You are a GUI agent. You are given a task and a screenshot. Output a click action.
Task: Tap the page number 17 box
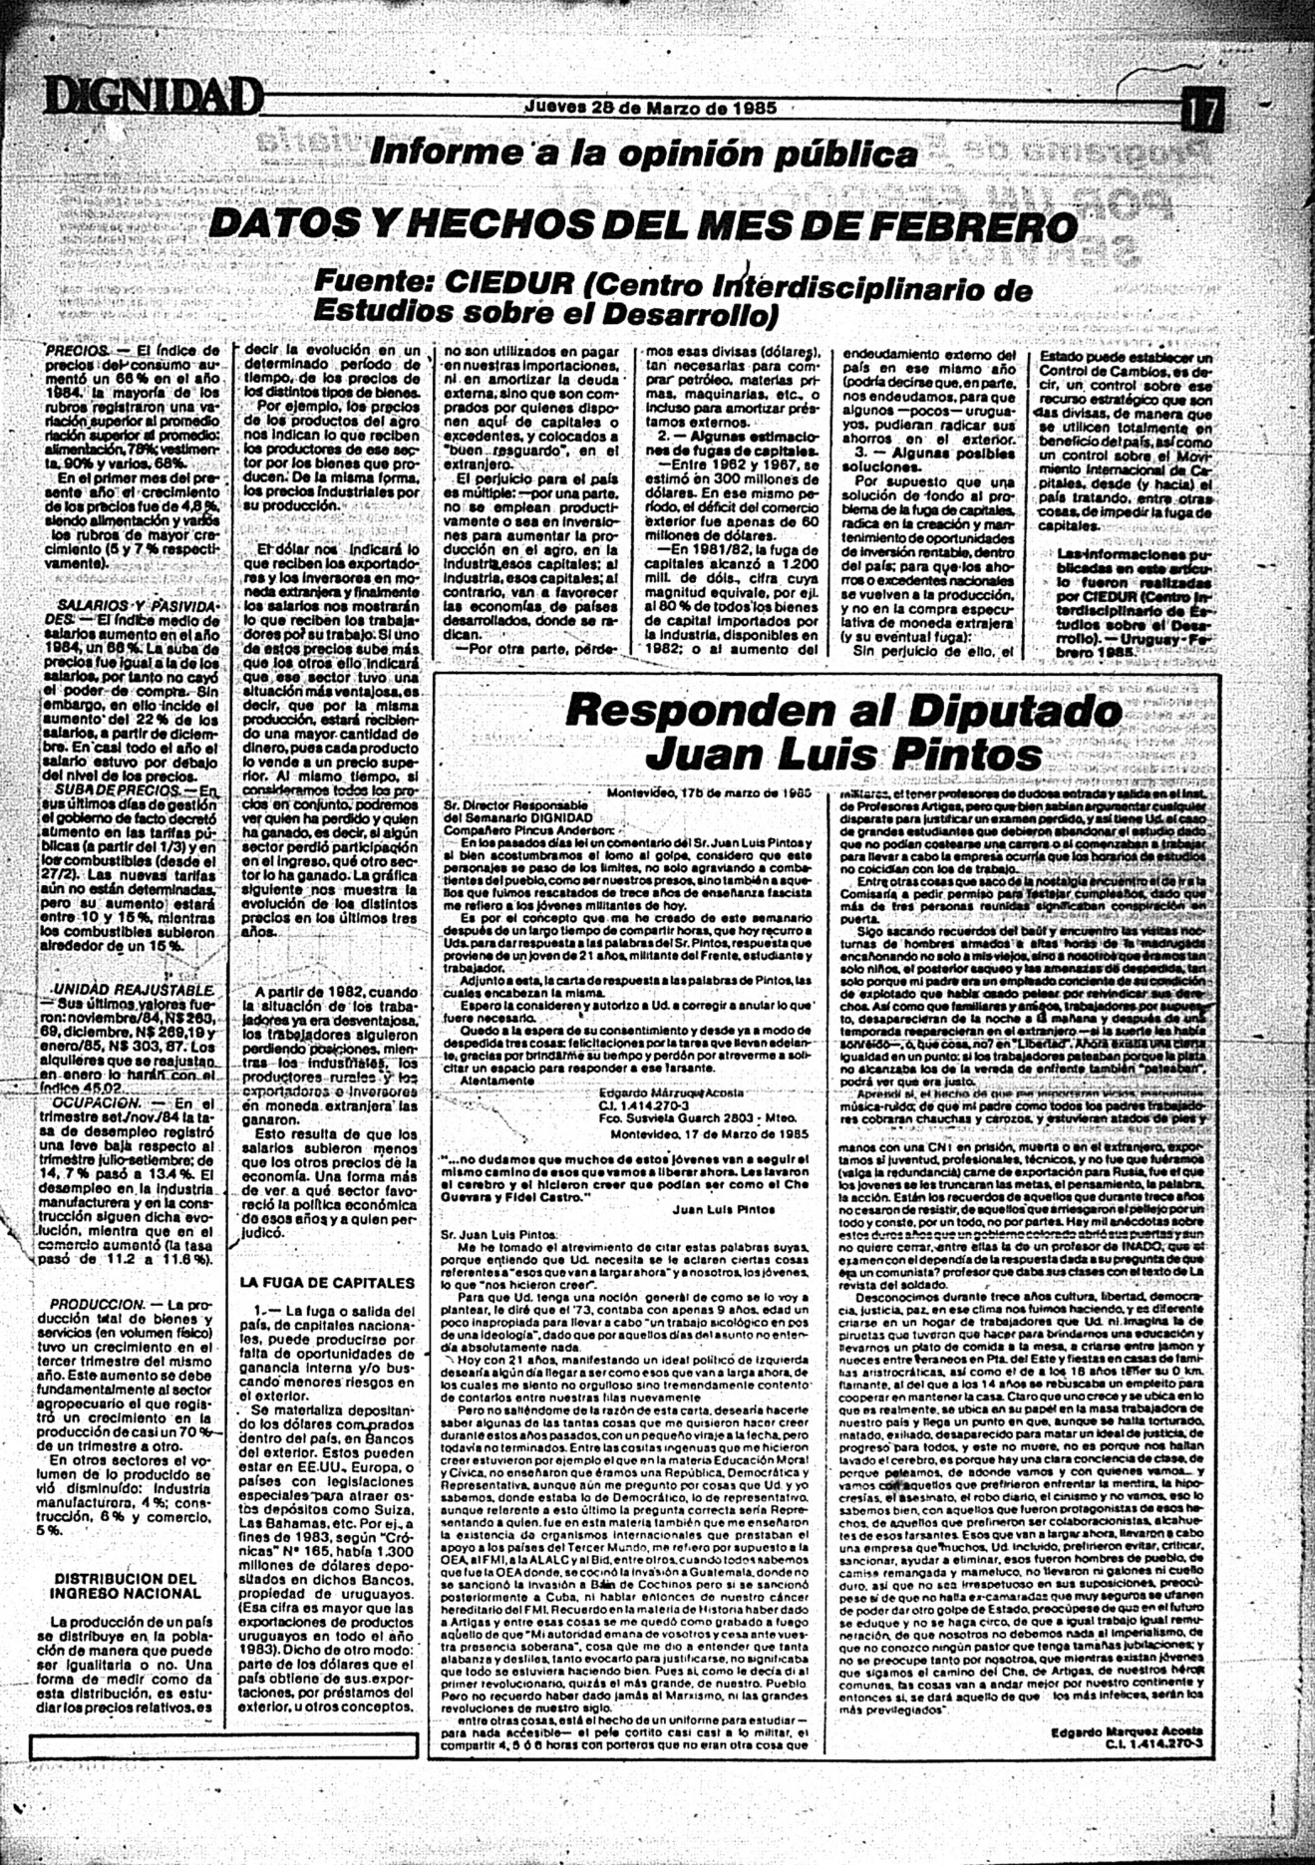click(x=1202, y=110)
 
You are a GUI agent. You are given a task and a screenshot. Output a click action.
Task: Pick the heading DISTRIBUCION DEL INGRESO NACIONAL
click(x=126, y=1585)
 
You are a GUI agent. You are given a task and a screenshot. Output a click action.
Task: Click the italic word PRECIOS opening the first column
click(x=78, y=352)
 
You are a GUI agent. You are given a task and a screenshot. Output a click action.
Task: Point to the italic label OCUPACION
click(x=97, y=1104)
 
